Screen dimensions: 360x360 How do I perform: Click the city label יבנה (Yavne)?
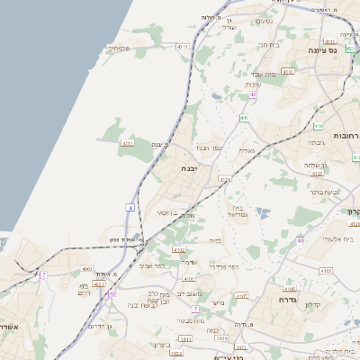click(188, 168)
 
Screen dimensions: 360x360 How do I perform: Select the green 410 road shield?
click(319, 127)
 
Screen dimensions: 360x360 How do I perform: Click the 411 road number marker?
click(244, 118)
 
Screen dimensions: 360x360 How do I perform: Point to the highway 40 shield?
click(300, 240)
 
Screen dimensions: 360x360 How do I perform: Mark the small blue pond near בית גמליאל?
click(262, 213)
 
